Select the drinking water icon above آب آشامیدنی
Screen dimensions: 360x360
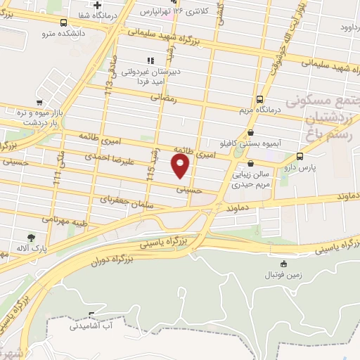click(91, 314)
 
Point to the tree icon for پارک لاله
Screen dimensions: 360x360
click(31, 238)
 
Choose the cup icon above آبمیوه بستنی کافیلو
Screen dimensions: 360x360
click(251, 131)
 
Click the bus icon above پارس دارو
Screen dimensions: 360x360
click(300, 157)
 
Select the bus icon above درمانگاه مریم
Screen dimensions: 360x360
click(260, 99)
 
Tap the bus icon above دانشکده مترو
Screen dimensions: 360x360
click(64, 22)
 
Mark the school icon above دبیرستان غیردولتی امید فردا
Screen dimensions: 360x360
click(148, 60)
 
